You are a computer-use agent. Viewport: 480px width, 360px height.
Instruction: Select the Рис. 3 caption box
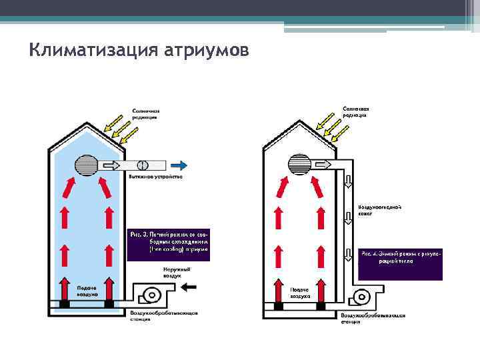pos(168,244)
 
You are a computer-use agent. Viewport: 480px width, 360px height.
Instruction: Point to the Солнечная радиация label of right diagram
pos(356,111)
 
